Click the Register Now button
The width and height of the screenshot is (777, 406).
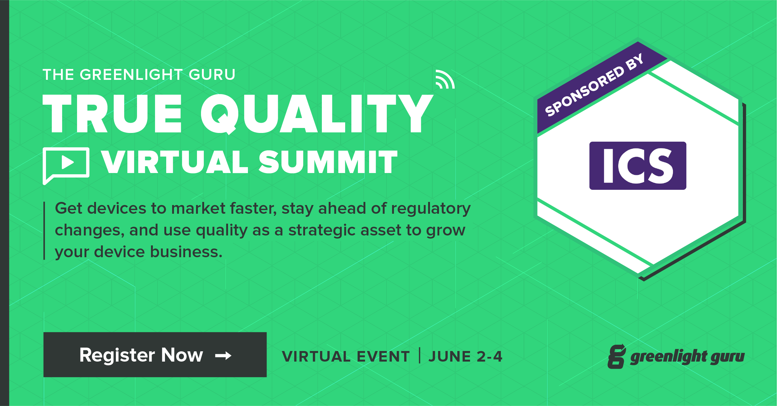(155, 354)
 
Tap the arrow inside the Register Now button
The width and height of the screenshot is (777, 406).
(223, 355)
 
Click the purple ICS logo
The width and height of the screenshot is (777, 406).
(638, 166)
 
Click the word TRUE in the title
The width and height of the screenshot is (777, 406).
(112, 113)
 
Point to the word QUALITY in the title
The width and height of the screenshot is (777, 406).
(317, 114)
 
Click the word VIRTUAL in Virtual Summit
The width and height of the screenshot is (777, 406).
(175, 162)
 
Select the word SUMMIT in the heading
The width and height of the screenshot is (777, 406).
(328, 162)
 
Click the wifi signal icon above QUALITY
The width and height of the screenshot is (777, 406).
(445, 80)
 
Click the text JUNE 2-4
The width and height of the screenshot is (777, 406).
(465, 356)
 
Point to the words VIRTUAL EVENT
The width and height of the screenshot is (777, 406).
(346, 356)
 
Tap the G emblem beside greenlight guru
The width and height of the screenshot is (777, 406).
(617, 356)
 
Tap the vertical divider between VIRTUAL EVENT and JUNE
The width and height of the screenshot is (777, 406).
(420, 356)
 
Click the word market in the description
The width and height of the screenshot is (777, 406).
(198, 208)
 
